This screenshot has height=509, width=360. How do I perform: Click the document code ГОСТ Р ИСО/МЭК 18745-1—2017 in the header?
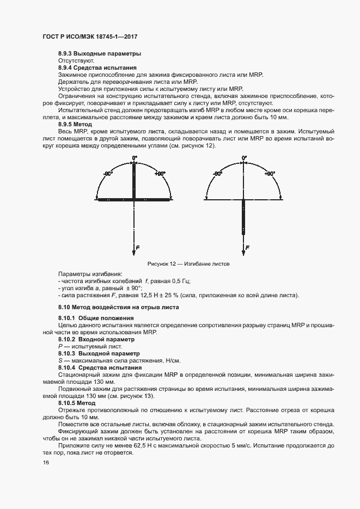pyautogui.click(x=89, y=36)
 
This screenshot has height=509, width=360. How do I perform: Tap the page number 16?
pyautogui.click(x=45, y=462)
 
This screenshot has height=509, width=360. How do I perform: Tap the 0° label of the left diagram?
pyautogui.click(x=134, y=158)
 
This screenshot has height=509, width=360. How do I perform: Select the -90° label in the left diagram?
pyautogui.click(x=108, y=174)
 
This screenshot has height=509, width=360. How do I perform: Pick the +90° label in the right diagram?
pyautogui.click(x=270, y=174)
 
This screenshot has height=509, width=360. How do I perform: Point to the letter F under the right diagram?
pyautogui.click(x=248, y=248)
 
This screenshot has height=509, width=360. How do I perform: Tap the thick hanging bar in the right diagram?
pyautogui.click(x=243, y=218)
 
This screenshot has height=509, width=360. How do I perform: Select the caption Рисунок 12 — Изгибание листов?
pyautogui.click(x=188, y=264)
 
